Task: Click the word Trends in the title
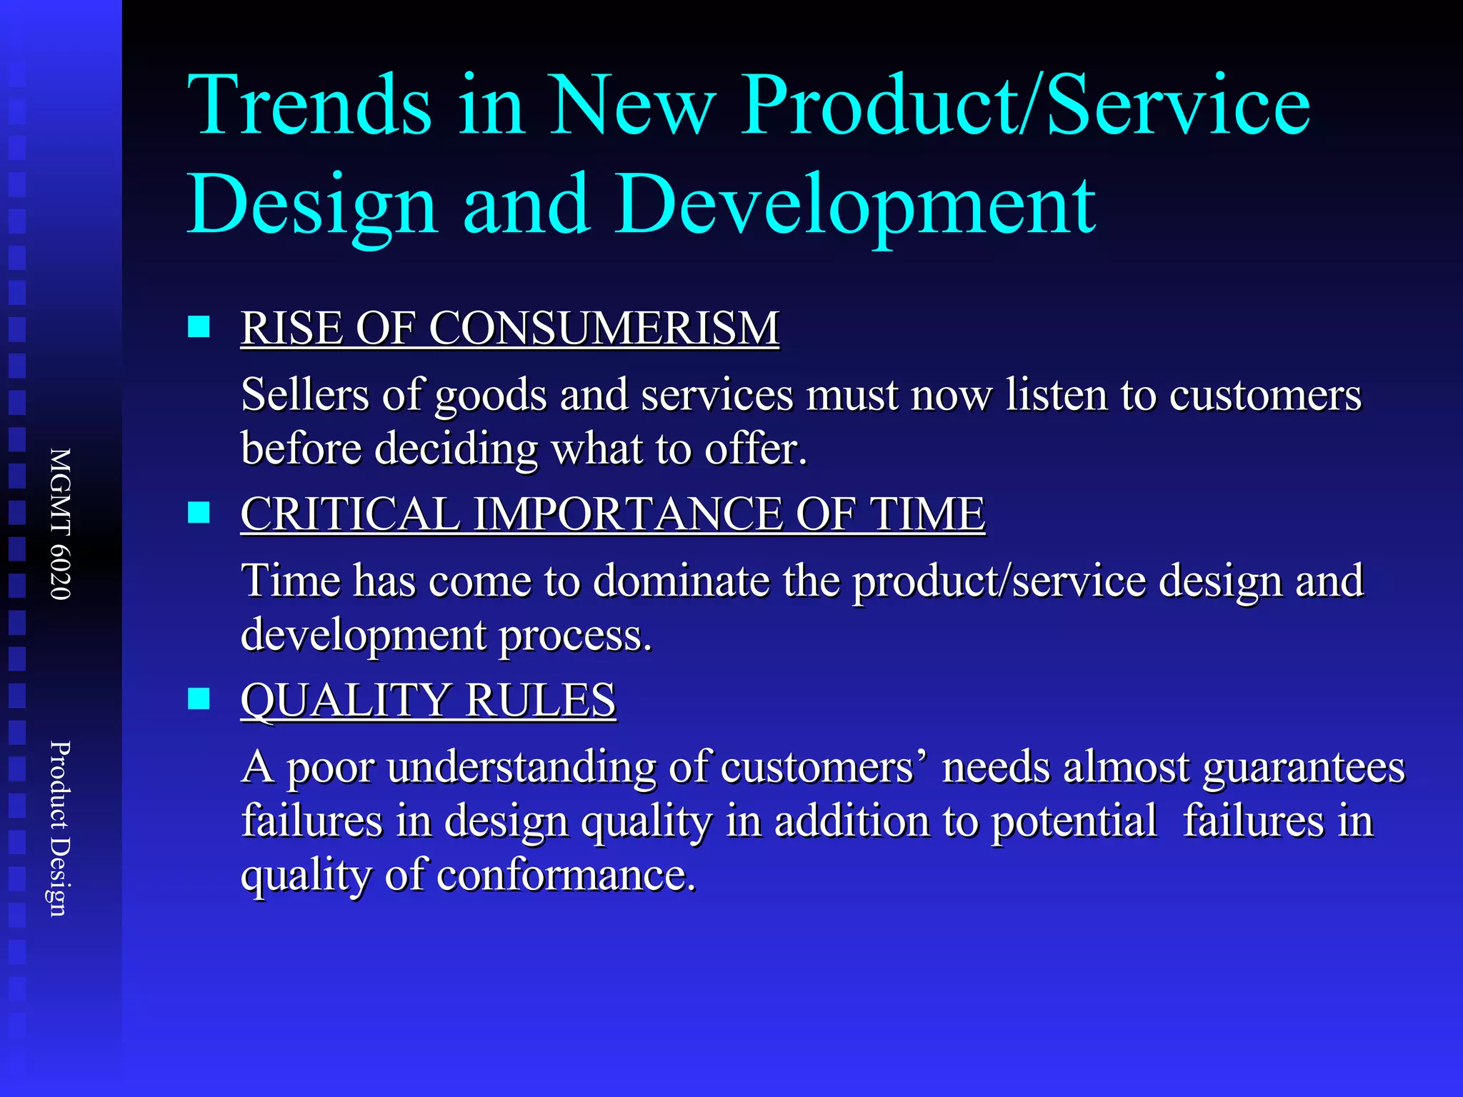coord(309,106)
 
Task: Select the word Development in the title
coord(854,206)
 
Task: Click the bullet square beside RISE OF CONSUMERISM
coord(199,327)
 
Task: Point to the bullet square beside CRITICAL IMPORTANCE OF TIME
coord(199,513)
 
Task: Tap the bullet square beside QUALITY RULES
coord(199,698)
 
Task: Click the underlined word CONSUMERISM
coord(604,329)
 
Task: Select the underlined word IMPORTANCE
coord(628,514)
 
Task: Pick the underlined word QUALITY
coord(346,701)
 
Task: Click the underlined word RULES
coord(541,701)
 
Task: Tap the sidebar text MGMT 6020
coord(61,524)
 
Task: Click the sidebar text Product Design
coord(61,828)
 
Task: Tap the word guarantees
coord(1304,767)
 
